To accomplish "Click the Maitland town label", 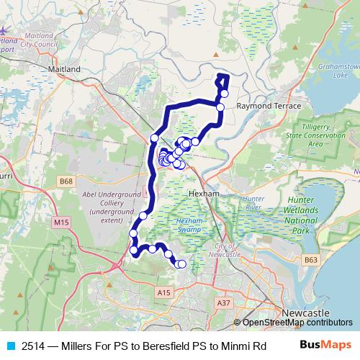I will coord(63,69).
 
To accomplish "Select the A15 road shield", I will coord(164,292).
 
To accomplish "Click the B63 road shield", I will coord(311,259).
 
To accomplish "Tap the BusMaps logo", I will coord(325,345).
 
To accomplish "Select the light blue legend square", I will coord(11,345).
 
